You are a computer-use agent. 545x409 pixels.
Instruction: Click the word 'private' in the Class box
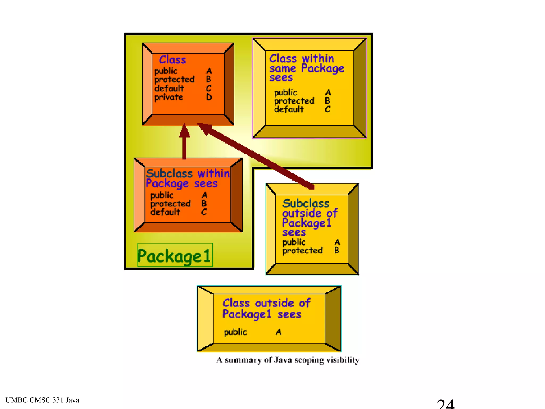click(x=169, y=97)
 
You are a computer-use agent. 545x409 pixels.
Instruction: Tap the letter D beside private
click(x=209, y=97)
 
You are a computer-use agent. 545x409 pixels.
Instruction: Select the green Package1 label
click(x=175, y=256)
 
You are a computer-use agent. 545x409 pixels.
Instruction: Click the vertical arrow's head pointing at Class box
click(x=184, y=130)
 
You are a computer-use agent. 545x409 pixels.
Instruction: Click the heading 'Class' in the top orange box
click(x=172, y=59)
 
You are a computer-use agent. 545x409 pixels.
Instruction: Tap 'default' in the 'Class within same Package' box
click(x=289, y=109)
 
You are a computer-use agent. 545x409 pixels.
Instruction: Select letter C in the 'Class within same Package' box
click(x=328, y=109)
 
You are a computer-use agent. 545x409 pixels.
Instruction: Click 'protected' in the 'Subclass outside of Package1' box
click(x=303, y=251)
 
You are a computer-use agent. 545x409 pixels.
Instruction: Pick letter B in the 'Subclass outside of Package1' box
click(x=337, y=250)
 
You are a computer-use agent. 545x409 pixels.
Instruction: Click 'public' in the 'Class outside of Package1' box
click(x=236, y=332)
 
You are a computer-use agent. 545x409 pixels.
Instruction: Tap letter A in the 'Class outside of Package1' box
click(x=278, y=332)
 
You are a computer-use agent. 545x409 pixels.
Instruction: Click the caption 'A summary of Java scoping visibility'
click(x=288, y=360)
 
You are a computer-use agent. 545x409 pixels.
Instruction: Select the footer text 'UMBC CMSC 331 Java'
click(x=42, y=400)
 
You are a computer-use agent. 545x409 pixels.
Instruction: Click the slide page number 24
click(x=445, y=404)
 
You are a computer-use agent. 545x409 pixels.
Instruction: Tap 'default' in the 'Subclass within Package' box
click(x=165, y=212)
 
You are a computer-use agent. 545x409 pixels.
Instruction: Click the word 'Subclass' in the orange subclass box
click(x=169, y=174)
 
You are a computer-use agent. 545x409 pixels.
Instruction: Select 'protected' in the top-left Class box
click(x=174, y=79)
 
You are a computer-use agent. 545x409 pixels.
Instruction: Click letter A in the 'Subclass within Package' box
click(x=204, y=195)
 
